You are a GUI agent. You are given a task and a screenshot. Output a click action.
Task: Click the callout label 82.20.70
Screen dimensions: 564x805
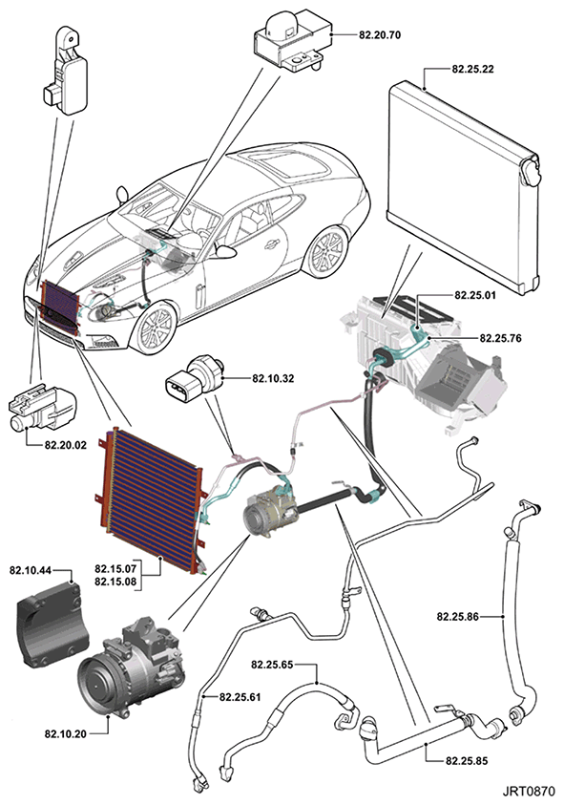tap(380, 35)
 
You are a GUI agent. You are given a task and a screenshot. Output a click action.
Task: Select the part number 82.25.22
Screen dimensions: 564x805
tap(472, 70)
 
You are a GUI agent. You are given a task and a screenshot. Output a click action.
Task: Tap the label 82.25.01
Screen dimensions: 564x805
tap(475, 296)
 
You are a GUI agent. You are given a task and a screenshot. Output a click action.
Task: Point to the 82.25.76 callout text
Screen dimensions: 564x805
tap(500, 338)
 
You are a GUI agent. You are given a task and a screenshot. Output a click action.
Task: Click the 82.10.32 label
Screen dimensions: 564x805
tap(273, 378)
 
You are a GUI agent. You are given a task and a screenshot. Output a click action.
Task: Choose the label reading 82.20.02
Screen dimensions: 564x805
tap(66, 445)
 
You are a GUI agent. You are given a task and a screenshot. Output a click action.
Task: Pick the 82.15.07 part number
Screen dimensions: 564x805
tap(115, 569)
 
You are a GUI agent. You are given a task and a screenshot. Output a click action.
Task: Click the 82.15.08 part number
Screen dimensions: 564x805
tap(115, 582)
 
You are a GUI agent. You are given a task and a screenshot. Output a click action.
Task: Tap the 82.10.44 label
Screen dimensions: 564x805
tap(31, 570)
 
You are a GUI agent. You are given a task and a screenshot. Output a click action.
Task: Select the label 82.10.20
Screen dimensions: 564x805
tap(66, 733)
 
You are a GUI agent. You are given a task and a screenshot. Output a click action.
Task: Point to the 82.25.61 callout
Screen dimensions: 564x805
tap(240, 697)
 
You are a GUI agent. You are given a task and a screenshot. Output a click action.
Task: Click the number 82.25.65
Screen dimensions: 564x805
tap(272, 665)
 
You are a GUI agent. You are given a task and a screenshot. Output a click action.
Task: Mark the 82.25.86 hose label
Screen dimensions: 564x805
tap(458, 616)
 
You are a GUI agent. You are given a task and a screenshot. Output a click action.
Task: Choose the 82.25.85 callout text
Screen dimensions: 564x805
tap(467, 760)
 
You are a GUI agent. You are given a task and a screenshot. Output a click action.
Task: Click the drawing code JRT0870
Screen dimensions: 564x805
tap(528, 791)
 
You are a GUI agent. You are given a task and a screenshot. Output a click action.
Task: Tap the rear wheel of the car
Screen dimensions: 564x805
tap(327, 250)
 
